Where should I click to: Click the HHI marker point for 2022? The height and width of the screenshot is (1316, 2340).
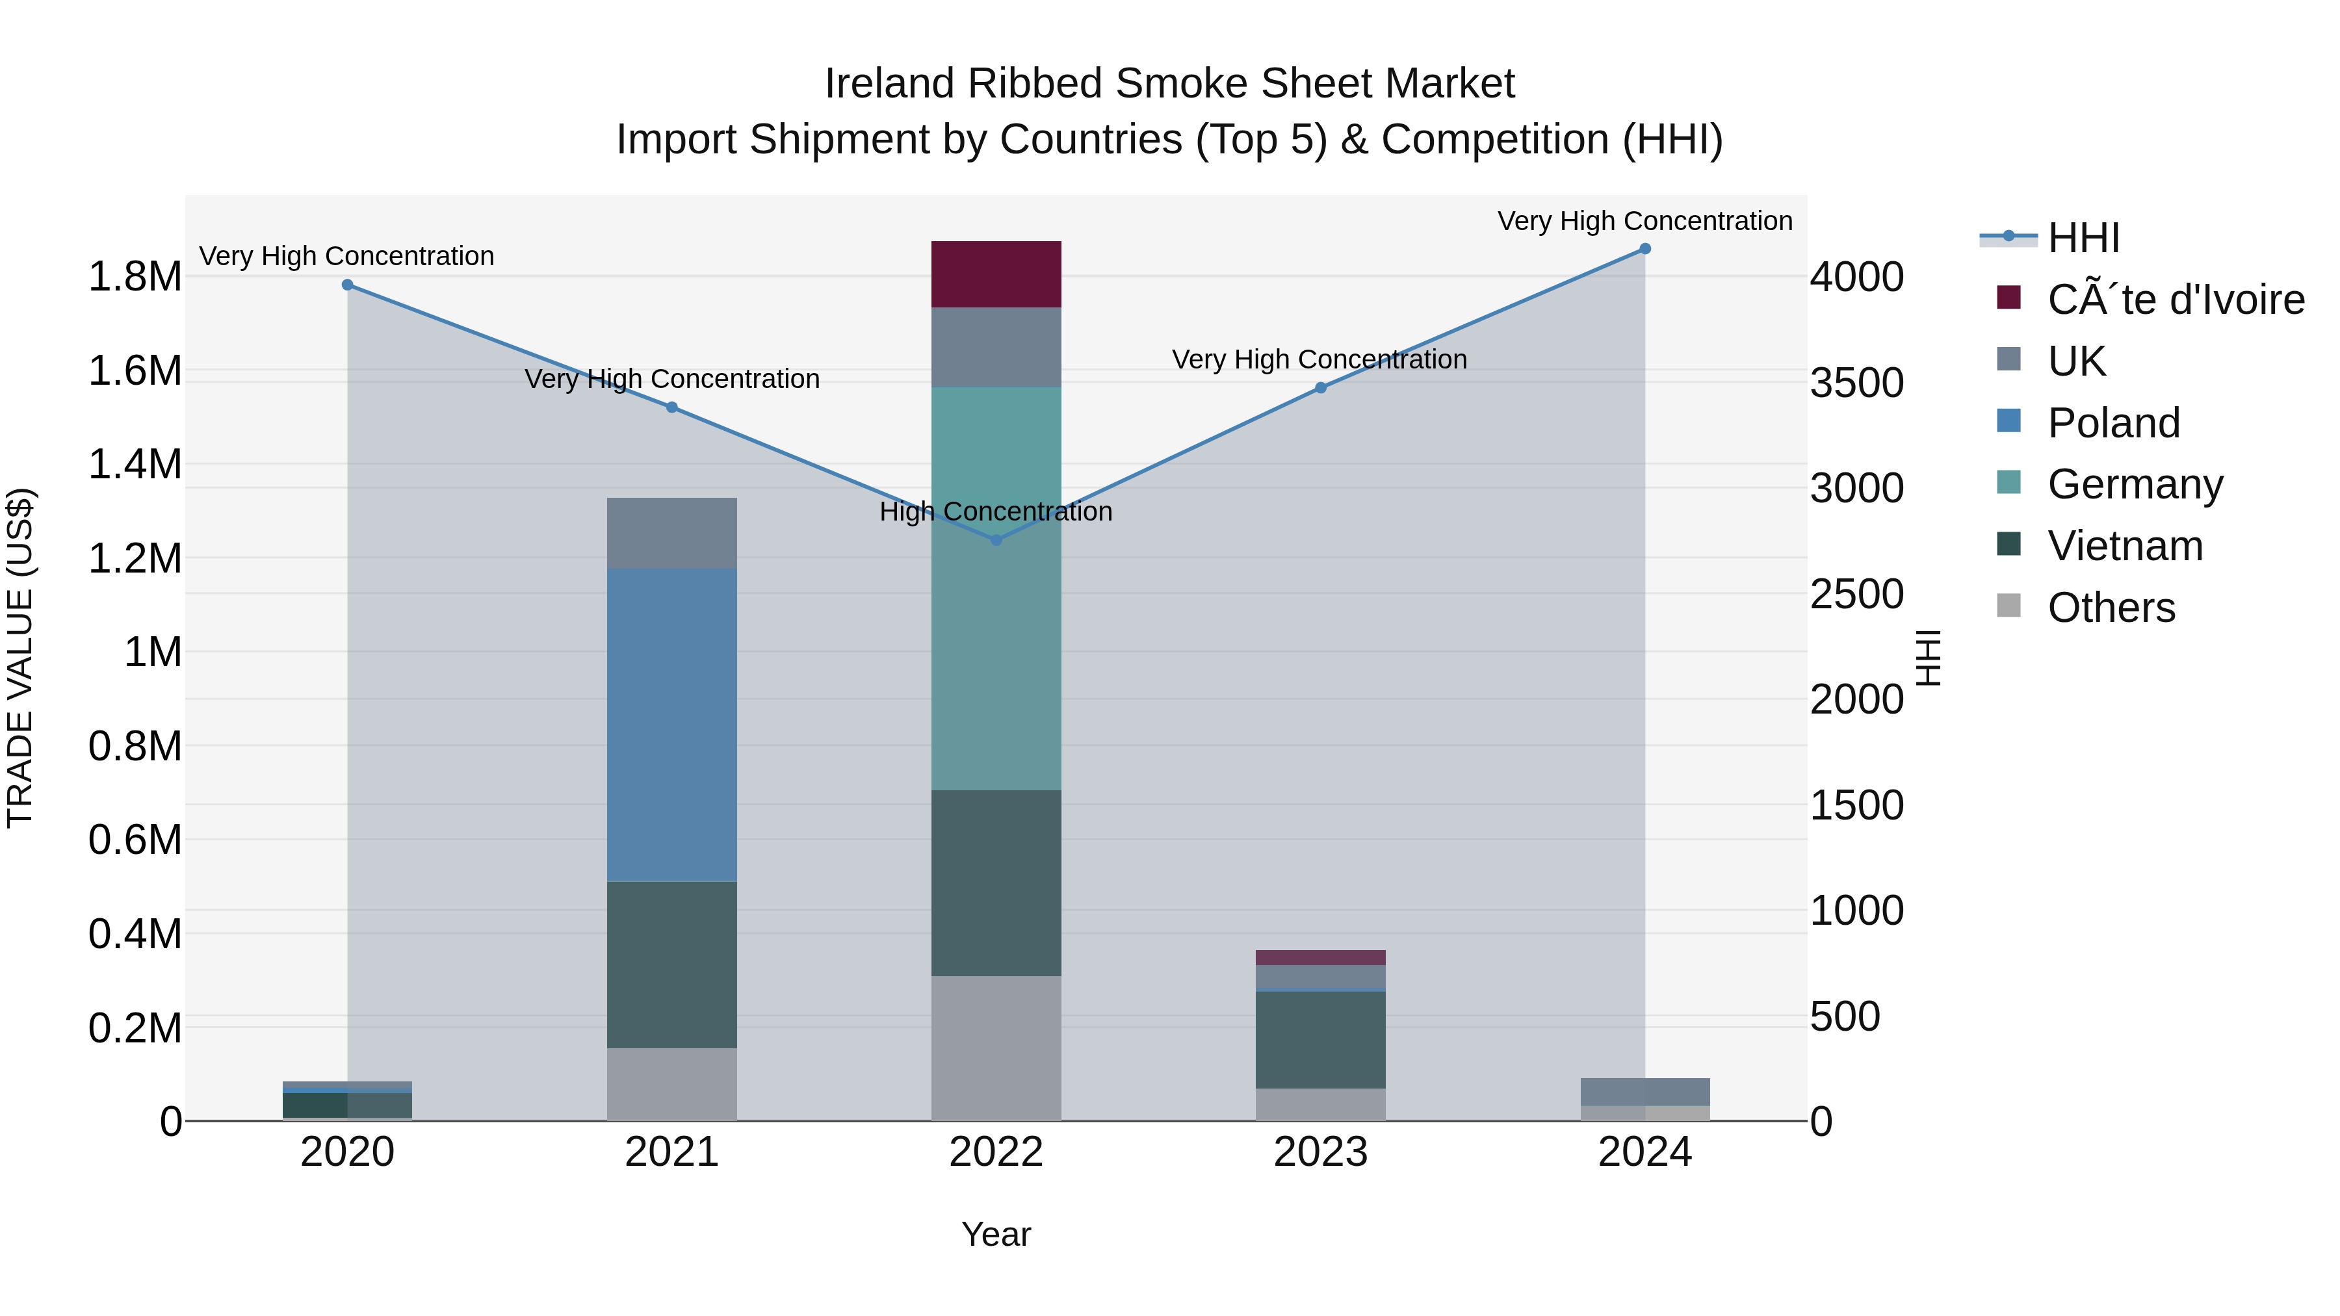point(996,539)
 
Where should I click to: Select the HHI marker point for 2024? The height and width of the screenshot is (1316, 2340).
point(1644,249)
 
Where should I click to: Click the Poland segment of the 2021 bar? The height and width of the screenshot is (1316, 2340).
point(671,725)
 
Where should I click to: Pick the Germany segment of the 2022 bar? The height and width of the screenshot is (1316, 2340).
point(996,589)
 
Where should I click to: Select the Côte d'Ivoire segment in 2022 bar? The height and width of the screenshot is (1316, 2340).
point(996,274)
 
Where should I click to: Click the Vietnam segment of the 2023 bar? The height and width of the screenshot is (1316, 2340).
point(1320,1039)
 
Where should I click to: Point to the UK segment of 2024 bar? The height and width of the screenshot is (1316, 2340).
point(1644,1092)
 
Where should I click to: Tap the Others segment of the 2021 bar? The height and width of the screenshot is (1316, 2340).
point(671,1085)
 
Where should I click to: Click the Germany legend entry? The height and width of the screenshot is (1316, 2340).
point(2135,484)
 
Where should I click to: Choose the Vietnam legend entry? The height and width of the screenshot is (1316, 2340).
point(2125,546)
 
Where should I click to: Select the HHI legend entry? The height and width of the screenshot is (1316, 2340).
point(2084,238)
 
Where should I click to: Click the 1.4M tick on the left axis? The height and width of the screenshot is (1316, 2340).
point(135,465)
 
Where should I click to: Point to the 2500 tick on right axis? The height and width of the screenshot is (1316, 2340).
point(1857,595)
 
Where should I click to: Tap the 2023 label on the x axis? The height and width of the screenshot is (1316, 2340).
point(1320,1152)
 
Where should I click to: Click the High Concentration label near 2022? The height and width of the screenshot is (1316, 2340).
point(996,512)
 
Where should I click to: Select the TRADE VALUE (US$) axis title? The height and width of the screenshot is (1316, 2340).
point(20,658)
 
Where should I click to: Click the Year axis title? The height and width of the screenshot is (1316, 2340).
point(996,1234)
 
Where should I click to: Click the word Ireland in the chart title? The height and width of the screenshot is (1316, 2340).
point(889,84)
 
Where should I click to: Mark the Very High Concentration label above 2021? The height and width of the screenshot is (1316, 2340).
point(671,380)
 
